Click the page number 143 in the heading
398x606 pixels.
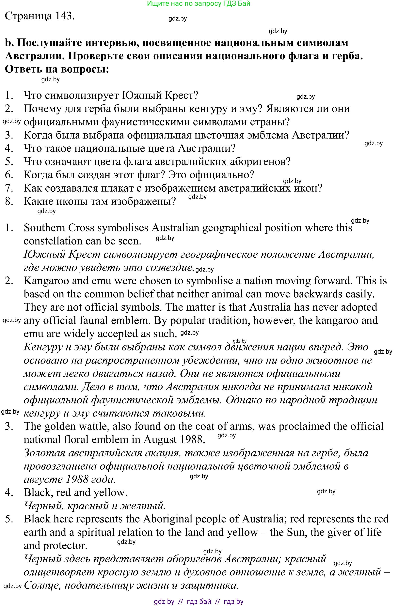(64, 16)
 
